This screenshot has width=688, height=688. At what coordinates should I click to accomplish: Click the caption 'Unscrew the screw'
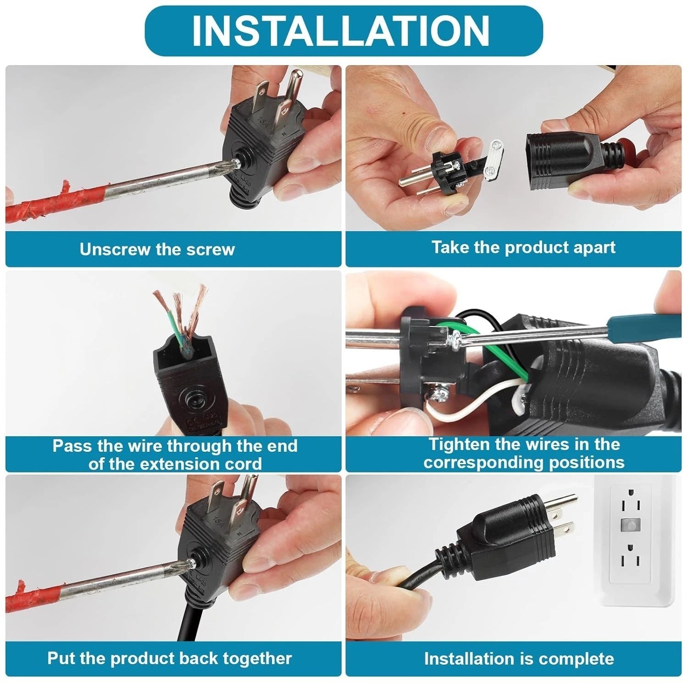(157, 250)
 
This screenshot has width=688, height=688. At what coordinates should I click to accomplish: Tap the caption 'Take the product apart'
(523, 248)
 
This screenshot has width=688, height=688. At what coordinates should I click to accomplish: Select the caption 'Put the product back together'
(169, 659)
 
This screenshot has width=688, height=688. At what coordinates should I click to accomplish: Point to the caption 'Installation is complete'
(519, 659)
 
